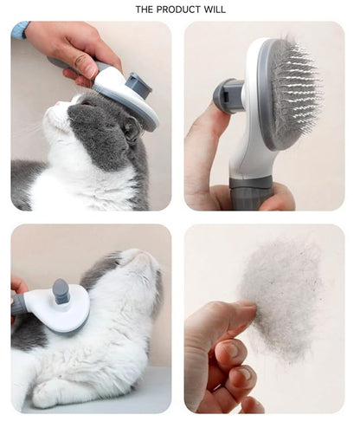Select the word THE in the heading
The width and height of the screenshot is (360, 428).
pyautogui.click(x=146, y=9)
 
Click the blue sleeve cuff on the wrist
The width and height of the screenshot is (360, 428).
pyautogui.click(x=19, y=30)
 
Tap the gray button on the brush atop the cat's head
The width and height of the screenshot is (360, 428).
pyautogui.click(x=138, y=85)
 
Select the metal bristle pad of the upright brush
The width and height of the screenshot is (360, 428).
pyautogui.click(x=295, y=94)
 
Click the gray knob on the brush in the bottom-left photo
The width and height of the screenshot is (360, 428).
pyautogui.click(x=61, y=291)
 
